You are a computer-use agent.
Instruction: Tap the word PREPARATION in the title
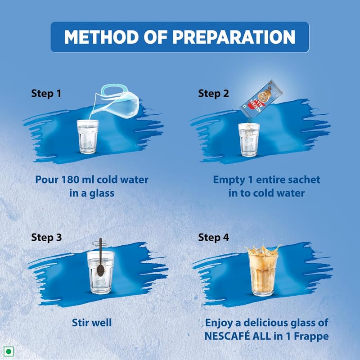click(x=234, y=37)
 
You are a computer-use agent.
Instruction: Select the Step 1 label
click(x=46, y=94)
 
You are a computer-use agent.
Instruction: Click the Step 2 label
click(x=213, y=94)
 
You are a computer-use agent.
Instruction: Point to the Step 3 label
click(x=46, y=237)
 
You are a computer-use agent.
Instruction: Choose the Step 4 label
click(x=213, y=237)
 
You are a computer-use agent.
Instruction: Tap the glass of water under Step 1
click(x=88, y=136)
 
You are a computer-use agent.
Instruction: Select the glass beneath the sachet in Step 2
click(x=249, y=140)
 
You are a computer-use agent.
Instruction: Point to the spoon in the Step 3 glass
click(x=100, y=257)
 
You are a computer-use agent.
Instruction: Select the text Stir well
click(x=92, y=323)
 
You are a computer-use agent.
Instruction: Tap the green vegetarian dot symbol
click(x=9, y=351)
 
